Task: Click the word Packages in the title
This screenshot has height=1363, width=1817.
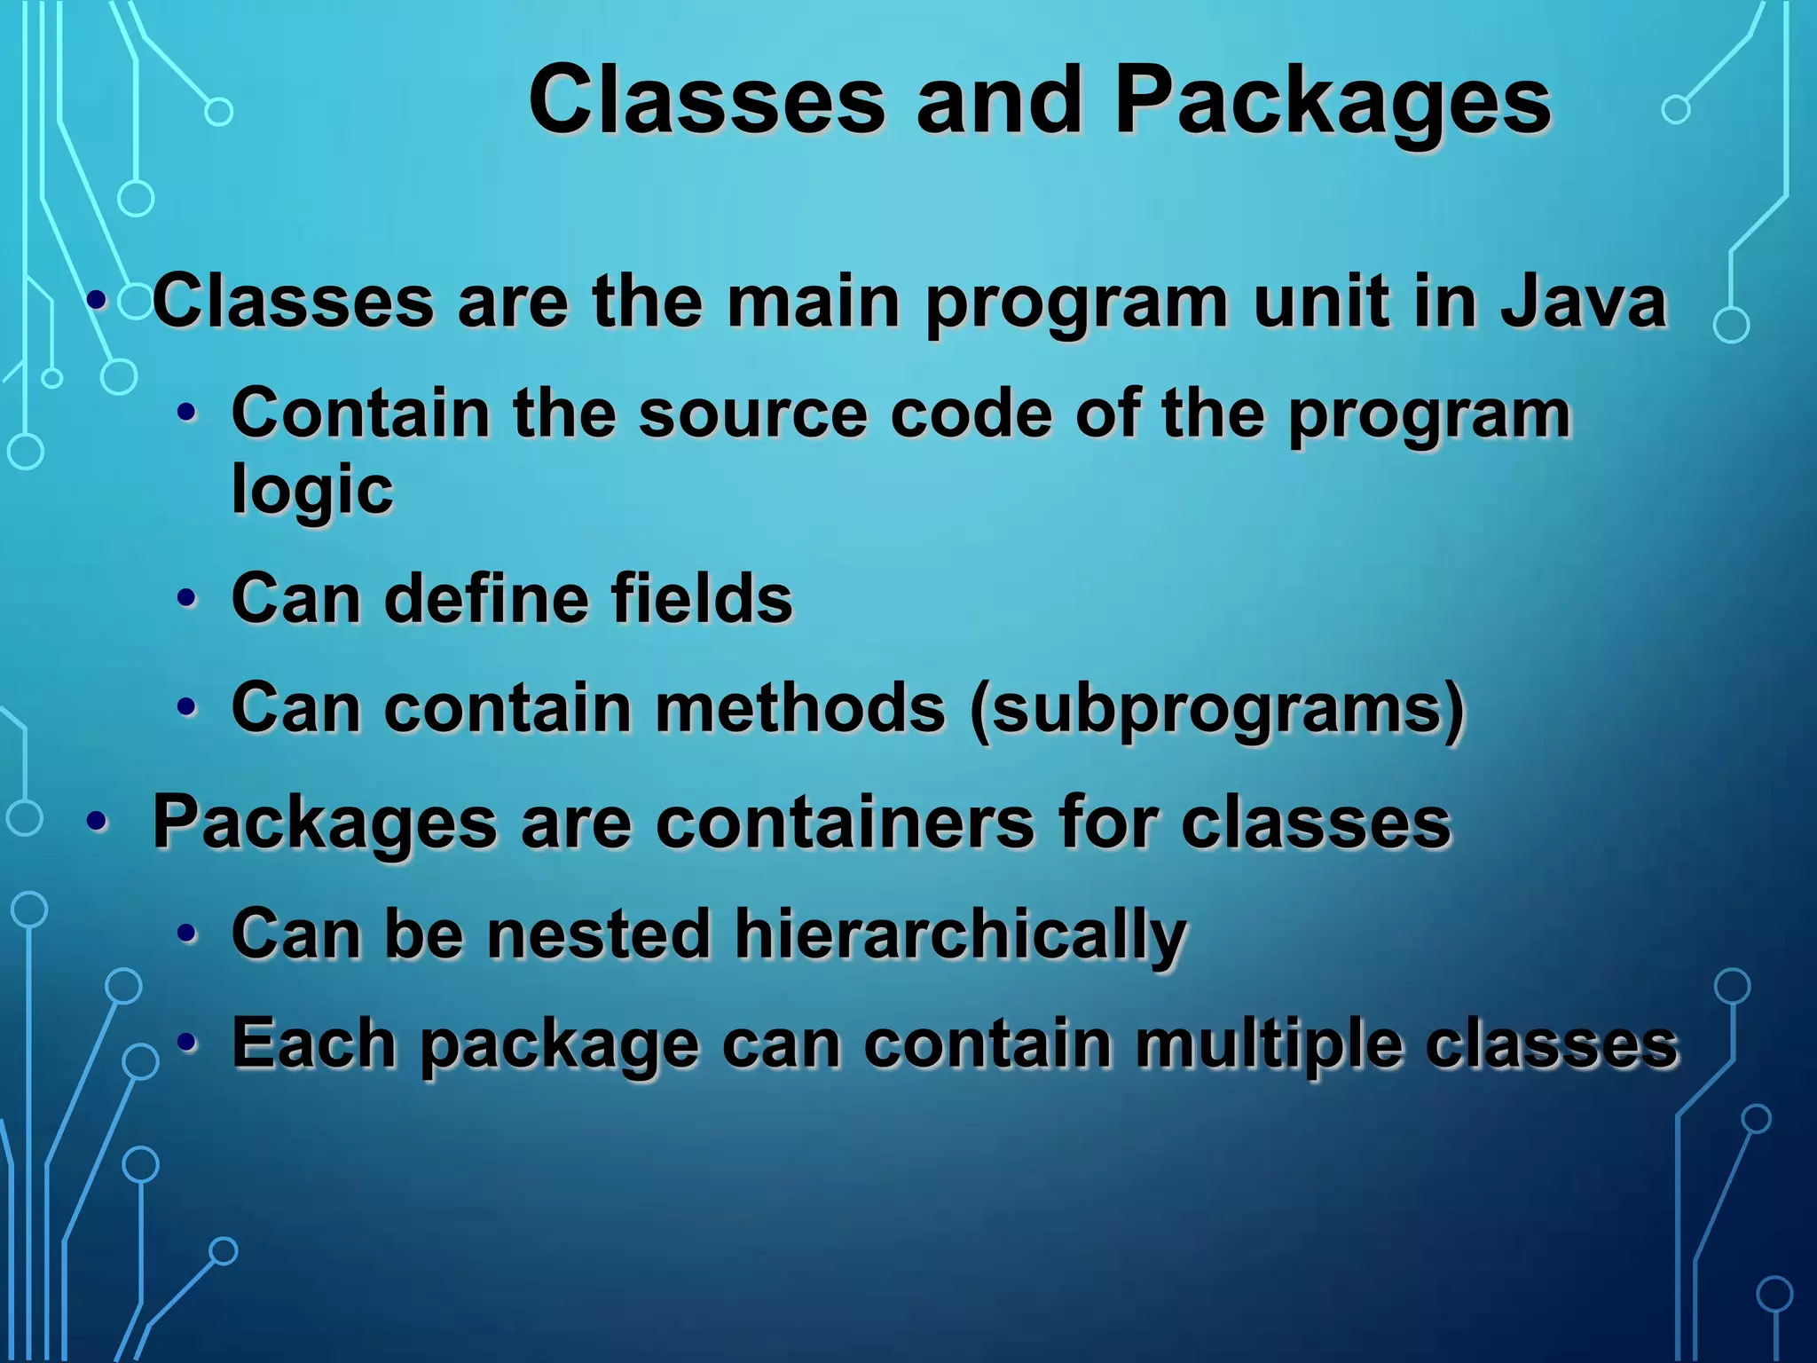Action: (1332, 103)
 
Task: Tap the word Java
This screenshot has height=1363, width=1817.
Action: (1583, 302)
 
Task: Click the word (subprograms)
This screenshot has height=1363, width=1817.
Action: (1216, 708)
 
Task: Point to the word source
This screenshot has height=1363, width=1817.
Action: (752, 414)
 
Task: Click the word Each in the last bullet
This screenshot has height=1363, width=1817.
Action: (313, 1044)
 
